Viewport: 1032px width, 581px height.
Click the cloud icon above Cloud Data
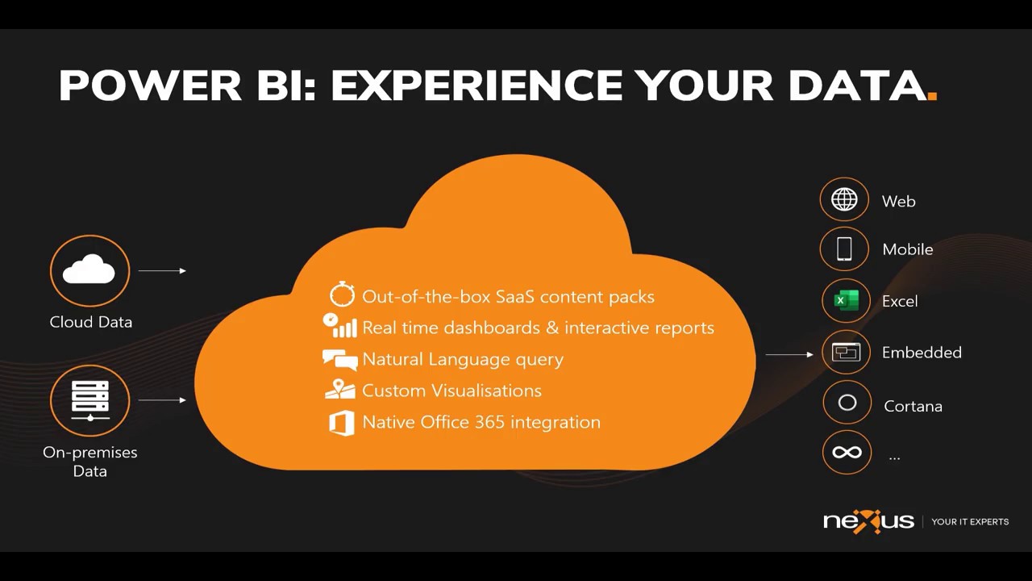pos(89,270)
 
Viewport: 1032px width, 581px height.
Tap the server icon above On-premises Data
pos(89,400)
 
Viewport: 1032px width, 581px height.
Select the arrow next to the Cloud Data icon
pos(162,271)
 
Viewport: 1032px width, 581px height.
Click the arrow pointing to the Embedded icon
pos(789,354)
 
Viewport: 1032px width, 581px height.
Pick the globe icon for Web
pos(844,199)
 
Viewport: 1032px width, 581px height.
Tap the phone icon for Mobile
pos(844,249)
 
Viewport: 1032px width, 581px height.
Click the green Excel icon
pos(846,300)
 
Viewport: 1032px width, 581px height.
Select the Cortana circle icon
pos(847,403)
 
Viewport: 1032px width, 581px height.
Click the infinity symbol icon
pos(847,453)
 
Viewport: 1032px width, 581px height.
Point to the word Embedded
pos(922,353)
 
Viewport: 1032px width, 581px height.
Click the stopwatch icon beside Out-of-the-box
pos(342,295)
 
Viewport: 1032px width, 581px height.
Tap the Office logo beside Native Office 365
pos(342,423)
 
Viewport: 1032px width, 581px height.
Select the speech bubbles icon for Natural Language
pos(339,359)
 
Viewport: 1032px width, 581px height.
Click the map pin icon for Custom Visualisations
pos(340,389)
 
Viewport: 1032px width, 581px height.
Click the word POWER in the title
pos(150,86)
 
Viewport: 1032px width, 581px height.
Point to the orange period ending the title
pos(932,96)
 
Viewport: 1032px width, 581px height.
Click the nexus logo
pos(868,521)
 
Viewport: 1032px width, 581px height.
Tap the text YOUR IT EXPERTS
pos(970,522)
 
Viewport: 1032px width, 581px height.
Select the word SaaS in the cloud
pos(515,297)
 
